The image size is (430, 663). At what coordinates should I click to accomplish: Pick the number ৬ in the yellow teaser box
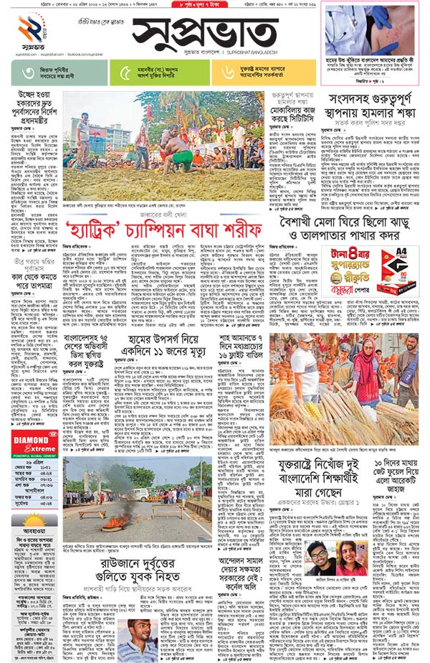[x=229, y=72]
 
